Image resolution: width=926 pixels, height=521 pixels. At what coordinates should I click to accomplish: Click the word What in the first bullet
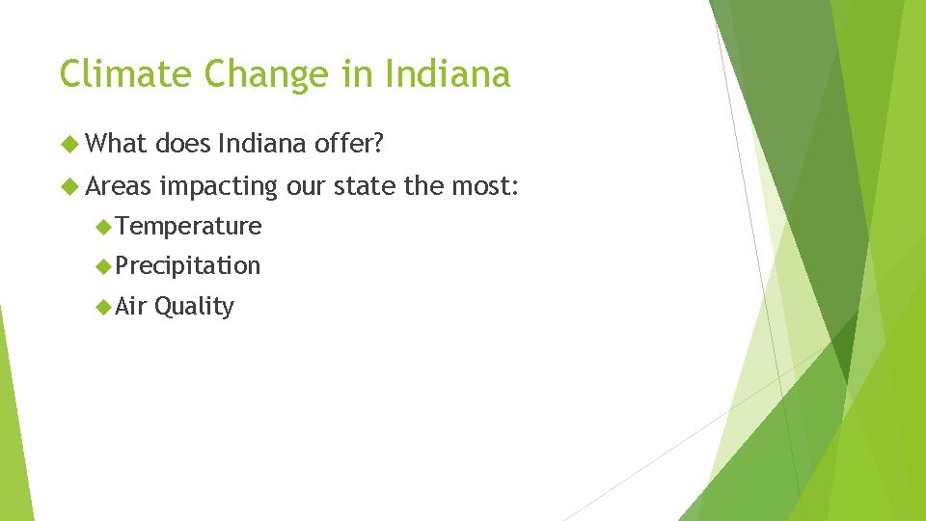click(116, 145)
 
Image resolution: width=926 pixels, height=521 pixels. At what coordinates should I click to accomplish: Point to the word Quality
click(194, 307)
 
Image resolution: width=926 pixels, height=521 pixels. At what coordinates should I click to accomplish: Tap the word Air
click(131, 307)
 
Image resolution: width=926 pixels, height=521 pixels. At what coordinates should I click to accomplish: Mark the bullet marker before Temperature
click(103, 227)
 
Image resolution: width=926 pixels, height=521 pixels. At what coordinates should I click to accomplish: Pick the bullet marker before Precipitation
click(103, 266)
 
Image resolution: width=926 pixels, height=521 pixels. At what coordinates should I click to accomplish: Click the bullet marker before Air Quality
click(103, 307)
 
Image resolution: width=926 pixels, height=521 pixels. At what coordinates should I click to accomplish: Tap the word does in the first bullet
click(183, 145)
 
